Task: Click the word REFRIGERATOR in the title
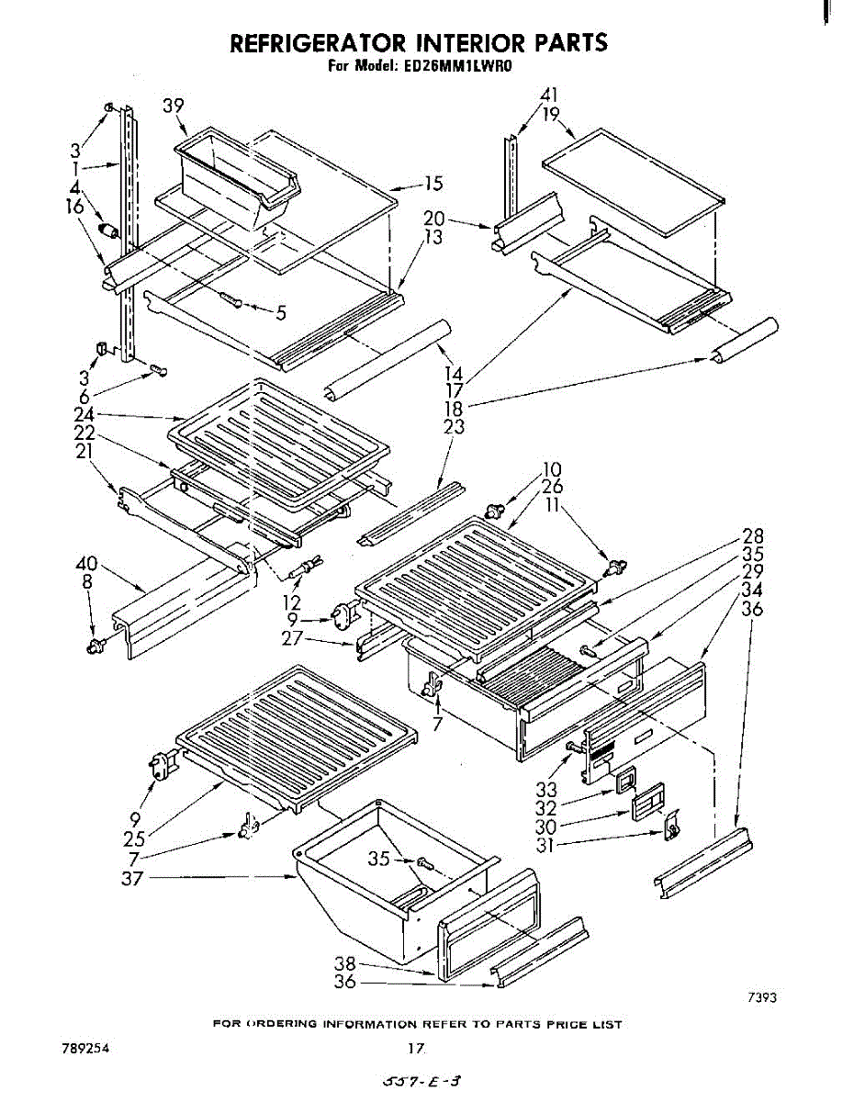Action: [x=319, y=42]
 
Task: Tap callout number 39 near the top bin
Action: [x=174, y=106]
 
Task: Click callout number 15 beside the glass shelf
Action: [x=433, y=183]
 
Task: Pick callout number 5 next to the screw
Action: [x=280, y=313]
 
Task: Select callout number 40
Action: [x=86, y=564]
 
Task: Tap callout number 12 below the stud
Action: [x=292, y=602]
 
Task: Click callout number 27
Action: [x=292, y=637]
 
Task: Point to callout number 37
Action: [x=132, y=878]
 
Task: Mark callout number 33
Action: [x=546, y=790]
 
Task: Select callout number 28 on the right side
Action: [x=753, y=535]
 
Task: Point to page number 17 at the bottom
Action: [x=416, y=1048]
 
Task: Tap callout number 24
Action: [x=84, y=414]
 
